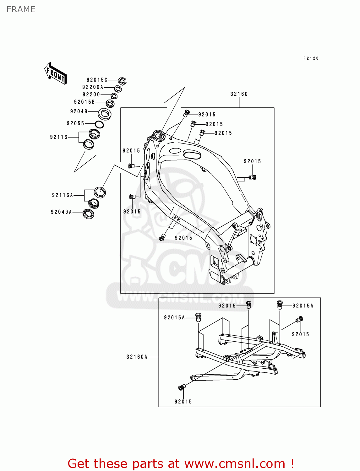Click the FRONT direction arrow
click(x=56, y=73)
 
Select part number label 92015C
click(x=97, y=80)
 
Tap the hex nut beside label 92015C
click(x=123, y=81)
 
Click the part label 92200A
click(x=93, y=87)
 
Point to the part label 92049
click(x=79, y=111)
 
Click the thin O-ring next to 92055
click(x=99, y=124)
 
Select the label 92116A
click(x=63, y=195)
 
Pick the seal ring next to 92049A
click(x=88, y=214)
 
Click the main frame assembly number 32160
click(x=239, y=94)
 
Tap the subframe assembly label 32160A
click(x=137, y=357)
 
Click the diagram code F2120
click(x=311, y=58)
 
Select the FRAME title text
click(x=21, y=9)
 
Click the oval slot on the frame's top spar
click(x=192, y=154)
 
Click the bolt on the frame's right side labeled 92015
click(x=253, y=177)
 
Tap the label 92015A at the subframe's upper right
click(x=303, y=306)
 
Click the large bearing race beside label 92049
click(x=105, y=114)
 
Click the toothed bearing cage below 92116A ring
click(x=94, y=204)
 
